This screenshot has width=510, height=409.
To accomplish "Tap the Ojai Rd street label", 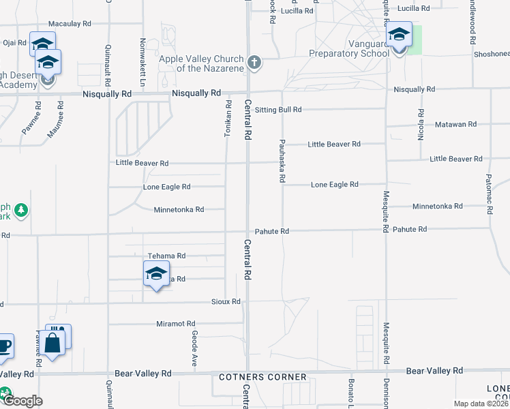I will pyautogui.click(x=14, y=42).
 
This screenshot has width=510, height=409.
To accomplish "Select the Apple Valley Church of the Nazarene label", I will pyautogui.click(x=201, y=63).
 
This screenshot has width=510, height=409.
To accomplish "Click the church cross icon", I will pyautogui.click(x=254, y=63).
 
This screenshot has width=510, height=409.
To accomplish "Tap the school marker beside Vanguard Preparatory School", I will pyautogui.click(x=399, y=35).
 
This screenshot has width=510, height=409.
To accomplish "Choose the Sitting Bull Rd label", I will pyautogui.click(x=277, y=109).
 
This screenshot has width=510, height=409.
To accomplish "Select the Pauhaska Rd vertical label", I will pyautogui.click(x=282, y=161).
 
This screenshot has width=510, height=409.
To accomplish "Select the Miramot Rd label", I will pyautogui.click(x=176, y=324).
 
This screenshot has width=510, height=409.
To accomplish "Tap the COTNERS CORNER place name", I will pyautogui.click(x=262, y=377).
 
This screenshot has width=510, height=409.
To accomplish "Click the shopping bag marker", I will pyautogui.click(x=52, y=342).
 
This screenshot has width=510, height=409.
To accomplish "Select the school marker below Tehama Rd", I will pyautogui.click(x=156, y=274).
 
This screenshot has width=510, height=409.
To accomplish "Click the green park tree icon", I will pyautogui.click(x=22, y=209).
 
